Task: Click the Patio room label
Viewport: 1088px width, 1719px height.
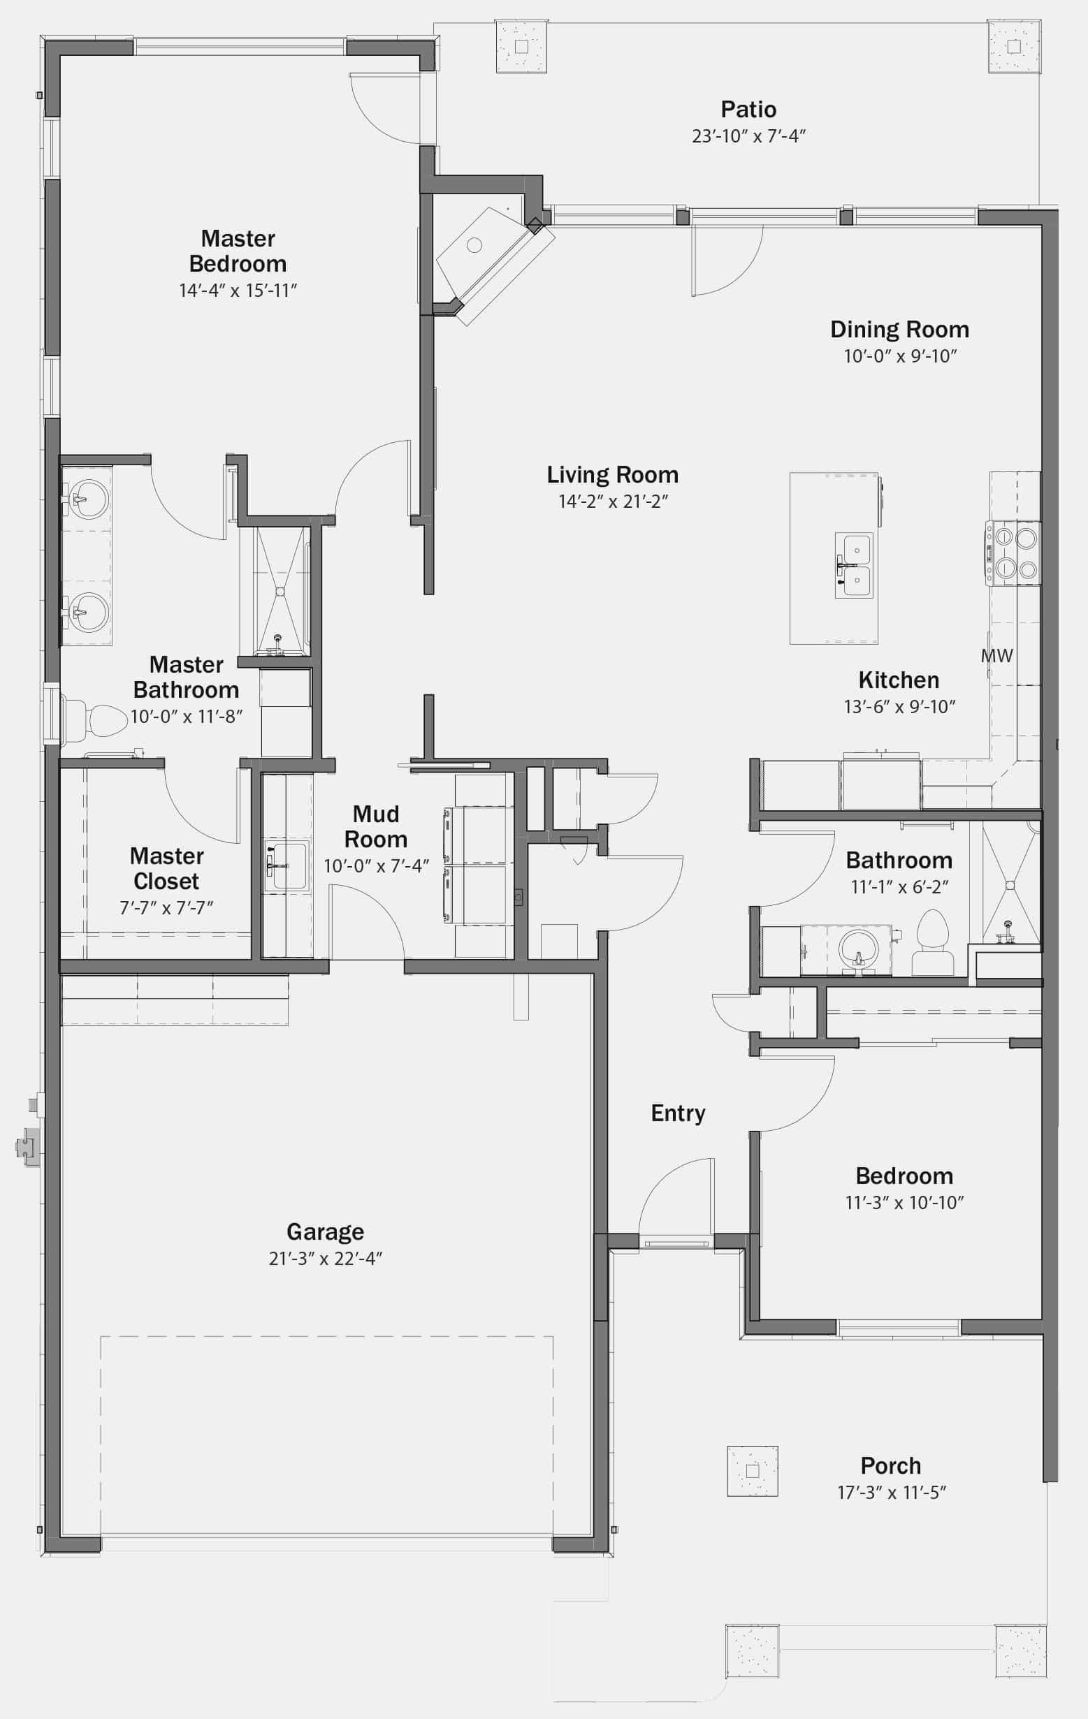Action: (x=748, y=109)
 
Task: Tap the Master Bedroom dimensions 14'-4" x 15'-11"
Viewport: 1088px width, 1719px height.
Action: (x=238, y=291)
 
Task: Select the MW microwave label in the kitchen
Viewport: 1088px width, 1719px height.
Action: (x=997, y=655)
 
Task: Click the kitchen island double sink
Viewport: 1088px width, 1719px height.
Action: (x=855, y=564)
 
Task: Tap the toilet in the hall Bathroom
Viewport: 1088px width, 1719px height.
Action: (x=933, y=942)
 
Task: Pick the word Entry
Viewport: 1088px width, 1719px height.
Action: (x=678, y=1113)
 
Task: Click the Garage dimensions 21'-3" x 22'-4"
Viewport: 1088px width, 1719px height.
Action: (x=326, y=1259)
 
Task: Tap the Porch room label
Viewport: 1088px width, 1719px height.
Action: (x=891, y=1465)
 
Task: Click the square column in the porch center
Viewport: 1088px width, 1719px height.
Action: (x=753, y=1471)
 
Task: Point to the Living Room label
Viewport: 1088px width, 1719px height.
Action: (x=612, y=475)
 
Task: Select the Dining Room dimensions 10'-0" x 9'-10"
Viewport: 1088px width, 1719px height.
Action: (x=900, y=356)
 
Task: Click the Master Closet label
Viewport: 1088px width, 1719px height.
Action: (x=166, y=868)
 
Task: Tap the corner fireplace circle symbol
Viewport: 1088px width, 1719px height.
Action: (x=474, y=246)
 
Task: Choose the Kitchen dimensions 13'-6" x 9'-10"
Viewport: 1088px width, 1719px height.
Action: (x=899, y=707)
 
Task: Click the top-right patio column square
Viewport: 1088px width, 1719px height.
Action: (x=1014, y=46)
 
